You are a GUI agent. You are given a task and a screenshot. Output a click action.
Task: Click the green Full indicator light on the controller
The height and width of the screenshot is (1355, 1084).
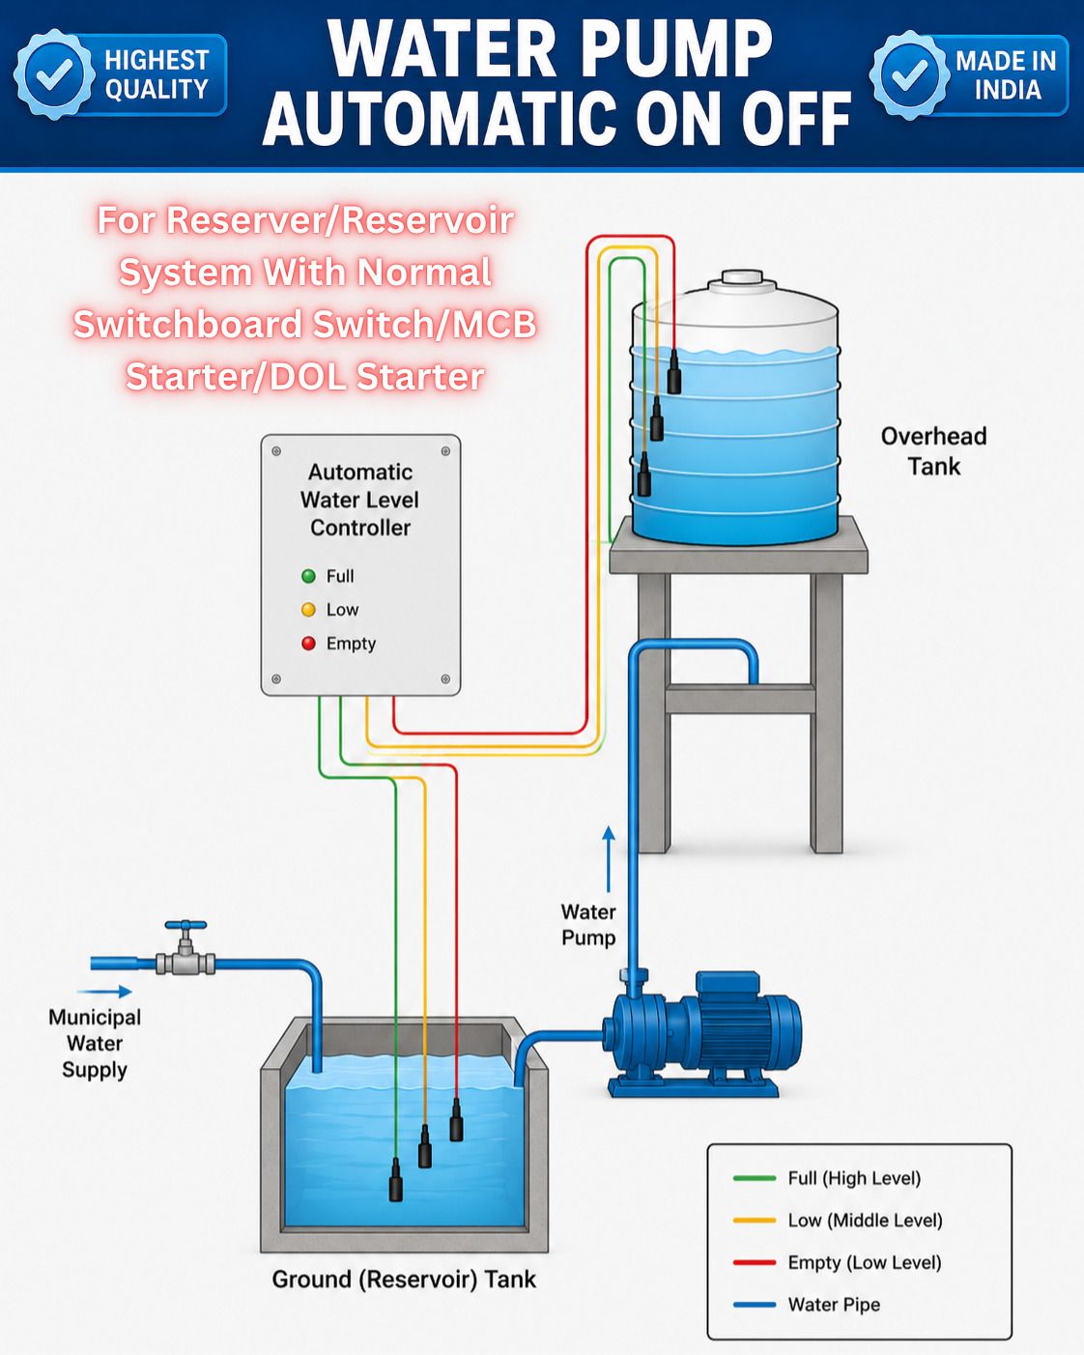pyautogui.click(x=308, y=576)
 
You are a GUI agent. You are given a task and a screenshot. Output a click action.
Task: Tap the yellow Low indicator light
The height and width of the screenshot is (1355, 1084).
pyautogui.click(x=308, y=610)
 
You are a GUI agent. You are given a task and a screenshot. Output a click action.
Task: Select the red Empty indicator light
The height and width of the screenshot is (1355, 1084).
pyautogui.click(x=308, y=643)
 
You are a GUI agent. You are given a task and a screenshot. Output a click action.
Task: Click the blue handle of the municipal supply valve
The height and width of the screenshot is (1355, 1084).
pyautogui.click(x=185, y=926)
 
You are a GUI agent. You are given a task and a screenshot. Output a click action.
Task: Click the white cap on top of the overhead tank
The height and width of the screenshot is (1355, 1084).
pyautogui.click(x=742, y=277)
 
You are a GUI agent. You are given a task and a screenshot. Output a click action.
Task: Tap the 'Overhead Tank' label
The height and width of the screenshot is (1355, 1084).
pyautogui.click(x=933, y=450)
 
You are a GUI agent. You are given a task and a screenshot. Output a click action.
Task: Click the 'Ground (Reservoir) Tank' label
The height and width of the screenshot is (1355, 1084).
pyautogui.click(x=404, y=1279)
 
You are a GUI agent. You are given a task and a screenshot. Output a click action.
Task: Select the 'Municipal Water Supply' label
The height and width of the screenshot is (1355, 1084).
pyautogui.click(x=95, y=1044)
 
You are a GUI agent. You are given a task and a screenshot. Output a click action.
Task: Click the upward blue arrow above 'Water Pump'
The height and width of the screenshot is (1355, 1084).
pyautogui.click(x=608, y=859)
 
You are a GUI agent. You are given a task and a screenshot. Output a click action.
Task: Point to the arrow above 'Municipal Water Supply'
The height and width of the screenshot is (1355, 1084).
pyautogui.click(x=105, y=991)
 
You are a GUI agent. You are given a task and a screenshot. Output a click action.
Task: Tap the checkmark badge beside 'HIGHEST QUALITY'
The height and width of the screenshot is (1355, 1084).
pyautogui.click(x=54, y=74)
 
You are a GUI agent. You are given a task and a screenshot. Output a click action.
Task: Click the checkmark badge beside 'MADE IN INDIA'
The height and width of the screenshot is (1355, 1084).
pyautogui.click(x=910, y=74)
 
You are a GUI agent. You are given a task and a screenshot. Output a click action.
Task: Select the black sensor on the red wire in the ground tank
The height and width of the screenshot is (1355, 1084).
pyautogui.click(x=456, y=1119)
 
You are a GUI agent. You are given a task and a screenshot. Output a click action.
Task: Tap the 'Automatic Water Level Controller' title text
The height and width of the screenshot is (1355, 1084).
pyautogui.click(x=360, y=500)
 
